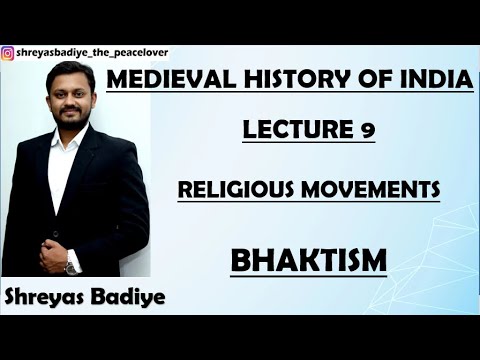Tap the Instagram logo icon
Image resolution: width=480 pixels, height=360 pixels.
pos(8,53)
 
